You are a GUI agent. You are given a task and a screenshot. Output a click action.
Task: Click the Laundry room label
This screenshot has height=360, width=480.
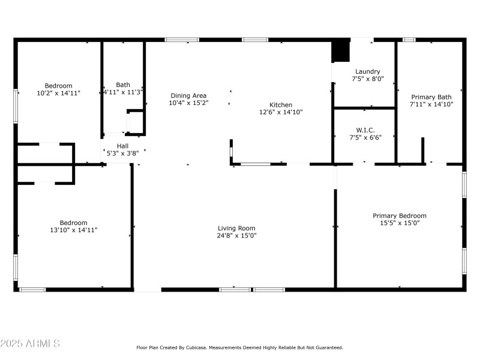click(x=368, y=71)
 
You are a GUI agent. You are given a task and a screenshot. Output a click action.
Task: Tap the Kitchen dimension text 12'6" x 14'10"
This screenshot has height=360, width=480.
click(x=281, y=112)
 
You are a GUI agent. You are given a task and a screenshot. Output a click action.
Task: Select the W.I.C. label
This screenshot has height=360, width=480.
click(x=365, y=130)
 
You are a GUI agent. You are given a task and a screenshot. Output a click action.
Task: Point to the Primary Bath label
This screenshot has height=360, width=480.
click(x=431, y=97)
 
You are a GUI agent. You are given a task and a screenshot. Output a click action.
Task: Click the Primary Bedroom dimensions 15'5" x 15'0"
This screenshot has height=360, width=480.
click(x=400, y=223)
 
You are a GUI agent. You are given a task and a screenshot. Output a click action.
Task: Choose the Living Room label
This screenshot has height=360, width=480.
click(x=236, y=228)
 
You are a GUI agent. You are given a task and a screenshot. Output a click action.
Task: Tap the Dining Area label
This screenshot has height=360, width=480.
click(x=188, y=95)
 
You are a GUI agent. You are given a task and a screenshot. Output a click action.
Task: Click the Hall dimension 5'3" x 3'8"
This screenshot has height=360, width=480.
click(x=122, y=153)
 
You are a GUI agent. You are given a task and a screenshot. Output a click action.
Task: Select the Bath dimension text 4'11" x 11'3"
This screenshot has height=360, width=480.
click(x=123, y=92)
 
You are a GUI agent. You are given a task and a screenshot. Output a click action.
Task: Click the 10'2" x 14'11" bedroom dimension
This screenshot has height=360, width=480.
click(x=58, y=93)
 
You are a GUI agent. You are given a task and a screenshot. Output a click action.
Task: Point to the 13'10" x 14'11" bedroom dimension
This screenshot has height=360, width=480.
click(x=73, y=230)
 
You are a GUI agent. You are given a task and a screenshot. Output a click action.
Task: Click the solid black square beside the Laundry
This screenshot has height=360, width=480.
click(x=341, y=51)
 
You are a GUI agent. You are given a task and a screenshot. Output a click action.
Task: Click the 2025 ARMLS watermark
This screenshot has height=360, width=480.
click(x=30, y=343)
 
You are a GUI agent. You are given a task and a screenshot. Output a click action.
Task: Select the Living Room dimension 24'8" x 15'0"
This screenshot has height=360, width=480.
click(x=236, y=235)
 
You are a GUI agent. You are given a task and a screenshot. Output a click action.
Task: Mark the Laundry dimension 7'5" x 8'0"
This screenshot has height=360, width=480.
click(x=368, y=79)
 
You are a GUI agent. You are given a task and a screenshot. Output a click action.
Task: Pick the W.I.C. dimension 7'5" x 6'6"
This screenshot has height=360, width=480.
click(x=365, y=137)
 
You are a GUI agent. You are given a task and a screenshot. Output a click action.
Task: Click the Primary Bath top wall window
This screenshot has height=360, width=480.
click(x=409, y=40)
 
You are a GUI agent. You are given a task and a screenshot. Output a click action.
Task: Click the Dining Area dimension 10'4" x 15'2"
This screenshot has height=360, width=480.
click(x=188, y=103)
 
